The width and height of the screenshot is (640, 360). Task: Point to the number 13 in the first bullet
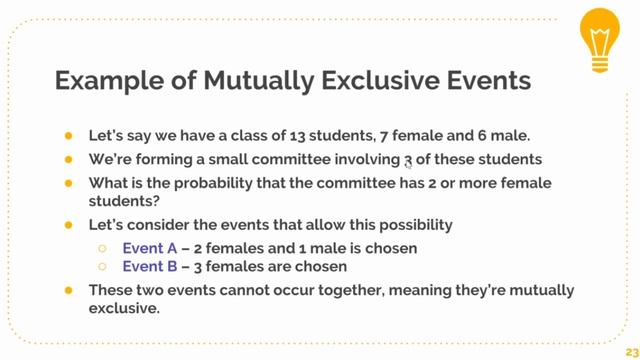pos(278,134)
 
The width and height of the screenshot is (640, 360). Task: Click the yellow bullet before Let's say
pos(67,134)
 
